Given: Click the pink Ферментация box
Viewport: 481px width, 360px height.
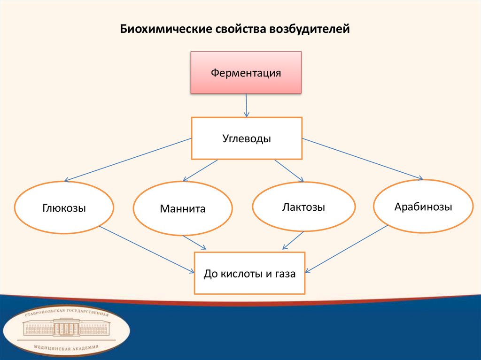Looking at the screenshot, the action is (246, 73).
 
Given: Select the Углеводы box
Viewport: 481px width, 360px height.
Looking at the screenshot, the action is (247, 138).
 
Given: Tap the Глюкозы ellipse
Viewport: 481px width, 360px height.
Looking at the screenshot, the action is (64, 208).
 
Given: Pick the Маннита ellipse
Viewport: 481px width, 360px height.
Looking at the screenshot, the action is (183, 209).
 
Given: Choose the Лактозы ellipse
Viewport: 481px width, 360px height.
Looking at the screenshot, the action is (303, 207).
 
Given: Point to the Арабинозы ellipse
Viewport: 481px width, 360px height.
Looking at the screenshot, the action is (423, 206).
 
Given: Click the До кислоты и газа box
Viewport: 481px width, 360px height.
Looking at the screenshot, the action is (249, 273).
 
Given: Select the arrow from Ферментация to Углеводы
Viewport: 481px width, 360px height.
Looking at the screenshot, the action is (246, 105).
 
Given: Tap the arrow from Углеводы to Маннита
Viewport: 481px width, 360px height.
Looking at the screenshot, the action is (201, 170).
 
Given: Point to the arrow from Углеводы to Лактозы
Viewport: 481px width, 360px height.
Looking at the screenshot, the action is (289, 170).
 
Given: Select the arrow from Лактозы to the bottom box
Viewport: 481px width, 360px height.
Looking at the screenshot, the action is (293, 240).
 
